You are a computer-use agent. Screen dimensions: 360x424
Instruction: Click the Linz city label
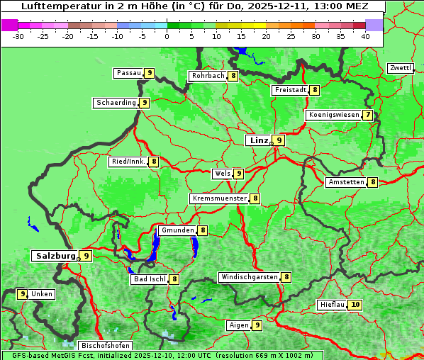[258, 140]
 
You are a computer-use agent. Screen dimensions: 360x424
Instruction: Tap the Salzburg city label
[55, 256]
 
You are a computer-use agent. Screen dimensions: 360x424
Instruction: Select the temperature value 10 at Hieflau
[356, 305]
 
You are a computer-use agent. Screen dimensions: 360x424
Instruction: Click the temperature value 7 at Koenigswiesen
[367, 115]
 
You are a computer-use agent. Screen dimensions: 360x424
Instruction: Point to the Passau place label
[128, 73]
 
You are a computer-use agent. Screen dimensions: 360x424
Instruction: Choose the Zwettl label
[400, 68]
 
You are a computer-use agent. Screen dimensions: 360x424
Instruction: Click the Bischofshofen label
[105, 346]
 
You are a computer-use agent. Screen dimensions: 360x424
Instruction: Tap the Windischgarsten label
[249, 277]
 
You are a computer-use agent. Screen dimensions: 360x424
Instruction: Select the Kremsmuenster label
[218, 199]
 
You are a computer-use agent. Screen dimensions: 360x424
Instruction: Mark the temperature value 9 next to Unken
[23, 294]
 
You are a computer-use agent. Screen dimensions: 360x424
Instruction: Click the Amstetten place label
[345, 182]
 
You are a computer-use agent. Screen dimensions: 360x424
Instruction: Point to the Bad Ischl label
[149, 279]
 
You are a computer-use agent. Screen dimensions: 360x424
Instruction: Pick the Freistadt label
[290, 90]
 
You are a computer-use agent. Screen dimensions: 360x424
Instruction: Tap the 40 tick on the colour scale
[365, 35]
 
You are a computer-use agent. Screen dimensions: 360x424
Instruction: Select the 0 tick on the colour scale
[167, 35]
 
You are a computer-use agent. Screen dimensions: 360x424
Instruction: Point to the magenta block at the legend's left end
[9, 25]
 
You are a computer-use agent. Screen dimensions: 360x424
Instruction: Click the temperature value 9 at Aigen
[257, 325]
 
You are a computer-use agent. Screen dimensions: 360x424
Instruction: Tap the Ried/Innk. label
[128, 162]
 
